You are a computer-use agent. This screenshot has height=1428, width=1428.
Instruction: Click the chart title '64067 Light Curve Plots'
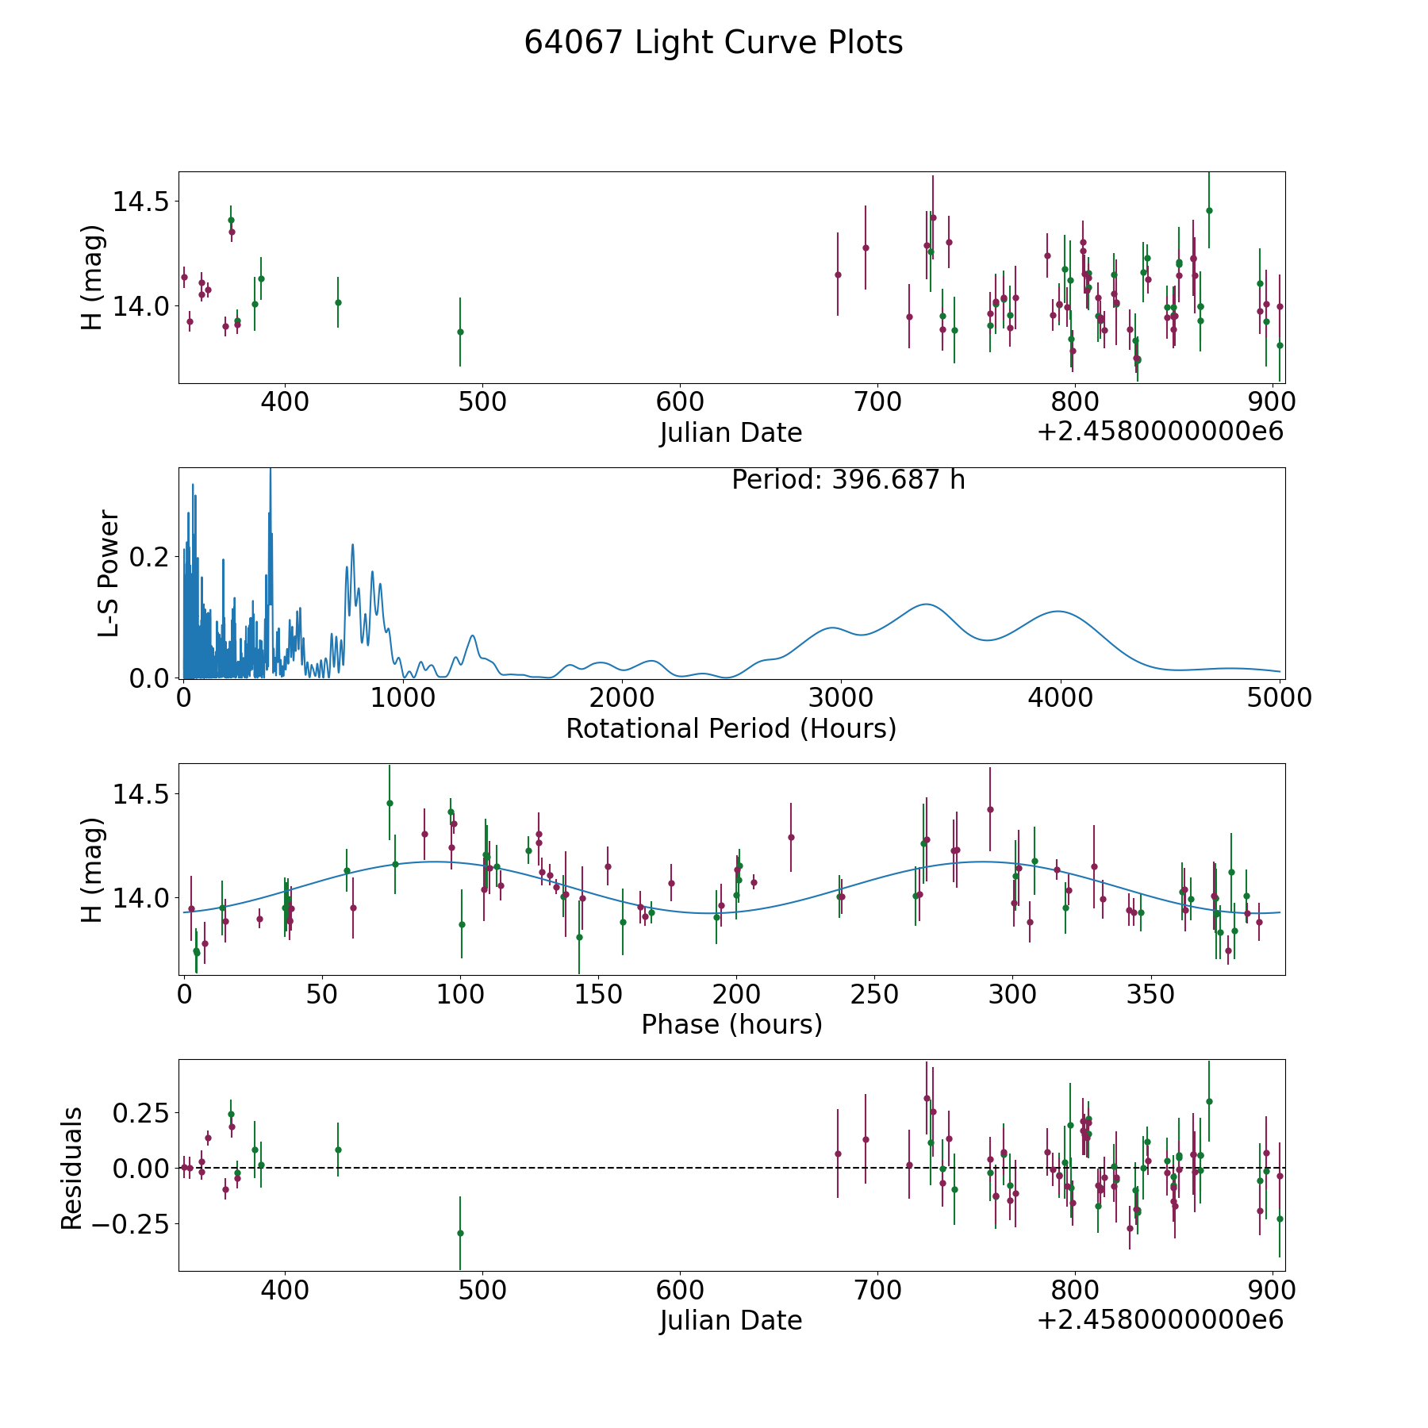pos(713,43)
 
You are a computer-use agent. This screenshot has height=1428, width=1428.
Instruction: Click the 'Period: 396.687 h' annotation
pos(848,480)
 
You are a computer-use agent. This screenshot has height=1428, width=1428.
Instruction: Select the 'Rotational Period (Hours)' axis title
pos(731,728)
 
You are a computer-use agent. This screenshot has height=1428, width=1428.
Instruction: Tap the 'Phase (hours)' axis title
pos(731,1024)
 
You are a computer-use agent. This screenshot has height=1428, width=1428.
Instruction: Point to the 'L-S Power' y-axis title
pos(109,573)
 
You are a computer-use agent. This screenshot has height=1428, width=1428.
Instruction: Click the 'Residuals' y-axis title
pos(72,1168)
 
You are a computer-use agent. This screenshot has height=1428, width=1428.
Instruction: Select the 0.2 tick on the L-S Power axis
pos(148,557)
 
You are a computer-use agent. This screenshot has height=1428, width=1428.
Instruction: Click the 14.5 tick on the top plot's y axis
pos(140,202)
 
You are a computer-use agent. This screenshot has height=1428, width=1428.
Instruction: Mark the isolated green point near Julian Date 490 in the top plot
pos(460,332)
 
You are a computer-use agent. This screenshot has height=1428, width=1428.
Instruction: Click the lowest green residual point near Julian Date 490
pos(460,1233)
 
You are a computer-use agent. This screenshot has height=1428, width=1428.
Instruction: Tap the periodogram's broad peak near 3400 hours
pos(925,605)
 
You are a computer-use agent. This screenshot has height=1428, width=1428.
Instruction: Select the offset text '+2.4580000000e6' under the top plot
pos(1160,432)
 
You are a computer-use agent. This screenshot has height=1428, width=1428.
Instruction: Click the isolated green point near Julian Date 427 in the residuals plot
pos(338,1150)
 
